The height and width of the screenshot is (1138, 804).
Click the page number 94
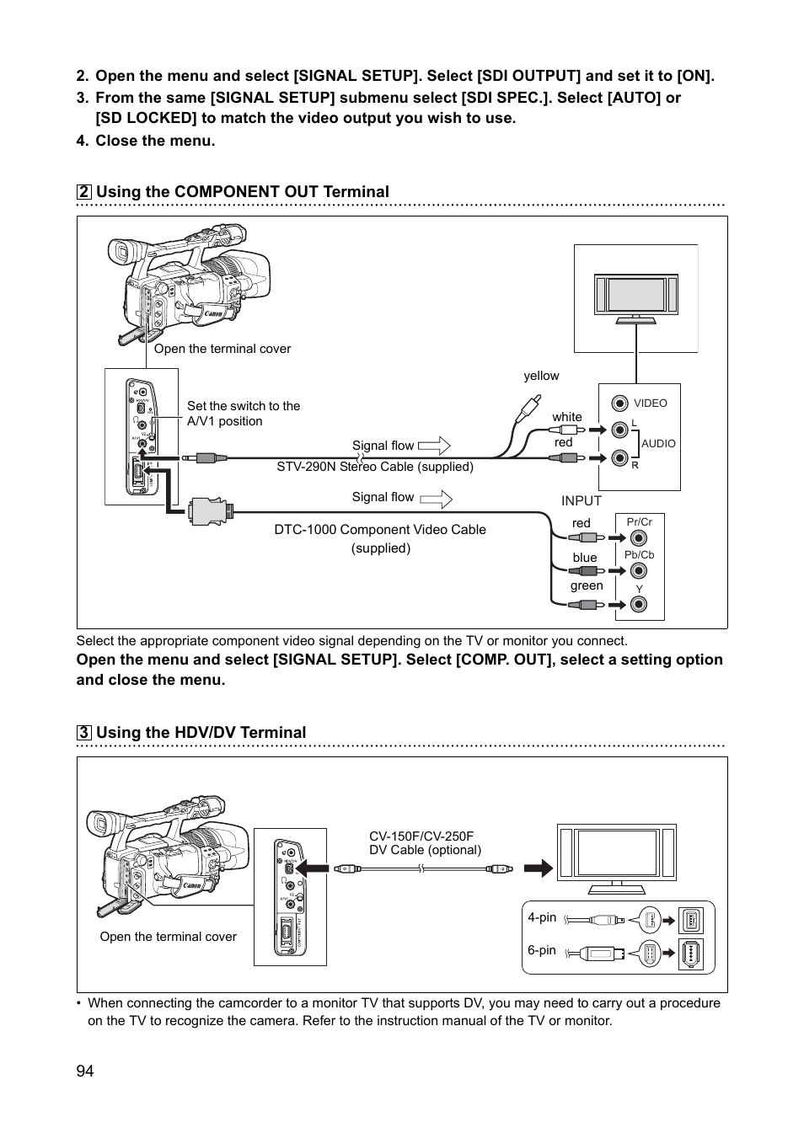pyautogui.click(x=85, y=1071)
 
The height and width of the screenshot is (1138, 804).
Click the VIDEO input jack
pyautogui.click(x=620, y=403)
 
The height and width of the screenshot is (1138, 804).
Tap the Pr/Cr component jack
pyautogui.click(x=639, y=538)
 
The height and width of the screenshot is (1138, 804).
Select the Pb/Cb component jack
pyautogui.click(x=639, y=571)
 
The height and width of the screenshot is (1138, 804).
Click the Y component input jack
pyautogui.click(x=639, y=604)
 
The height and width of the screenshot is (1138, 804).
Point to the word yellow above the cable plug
pyautogui.click(x=541, y=376)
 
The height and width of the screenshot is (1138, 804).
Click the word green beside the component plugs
pyautogui.click(x=587, y=585)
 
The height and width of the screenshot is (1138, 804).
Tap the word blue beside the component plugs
pyautogui.click(x=585, y=557)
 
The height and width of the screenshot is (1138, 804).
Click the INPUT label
pyautogui.click(x=582, y=500)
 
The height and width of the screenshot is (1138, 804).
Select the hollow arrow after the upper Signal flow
pyautogui.click(x=434, y=446)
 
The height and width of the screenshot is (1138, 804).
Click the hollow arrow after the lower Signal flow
pyautogui.click(x=435, y=498)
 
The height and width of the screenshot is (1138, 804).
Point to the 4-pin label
pyautogui.click(x=542, y=917)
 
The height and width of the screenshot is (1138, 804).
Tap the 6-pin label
pyautogui.click(x=542, y=950)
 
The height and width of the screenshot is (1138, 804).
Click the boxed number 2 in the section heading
pyautogui.click(x=84, y=192)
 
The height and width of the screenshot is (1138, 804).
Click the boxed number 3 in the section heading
pyautogui.click(x=84, y=733)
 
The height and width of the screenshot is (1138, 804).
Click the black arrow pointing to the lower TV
pyautogui.click(x=538, y=868)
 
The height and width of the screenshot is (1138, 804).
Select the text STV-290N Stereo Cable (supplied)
pyautogui.click(x=375, y=467)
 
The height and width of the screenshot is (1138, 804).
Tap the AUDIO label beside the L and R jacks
pyautogui.click(x=658, y=443)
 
